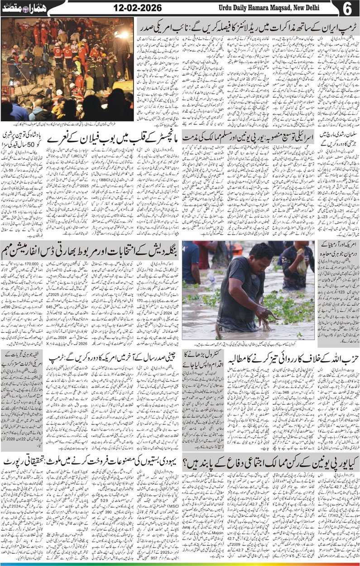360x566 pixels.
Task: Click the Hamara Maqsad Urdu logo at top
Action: point(16,8)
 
